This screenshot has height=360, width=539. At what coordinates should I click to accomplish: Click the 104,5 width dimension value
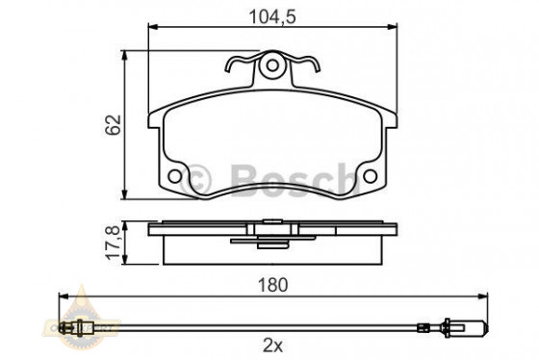271,15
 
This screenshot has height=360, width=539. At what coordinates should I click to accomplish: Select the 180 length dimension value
270,285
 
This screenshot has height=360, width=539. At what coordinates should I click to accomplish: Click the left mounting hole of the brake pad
174,177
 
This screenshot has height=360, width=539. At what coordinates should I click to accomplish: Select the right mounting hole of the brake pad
369,177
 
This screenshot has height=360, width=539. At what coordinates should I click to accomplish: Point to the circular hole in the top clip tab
272,66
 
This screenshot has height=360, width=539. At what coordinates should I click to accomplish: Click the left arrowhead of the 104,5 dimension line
152,30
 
